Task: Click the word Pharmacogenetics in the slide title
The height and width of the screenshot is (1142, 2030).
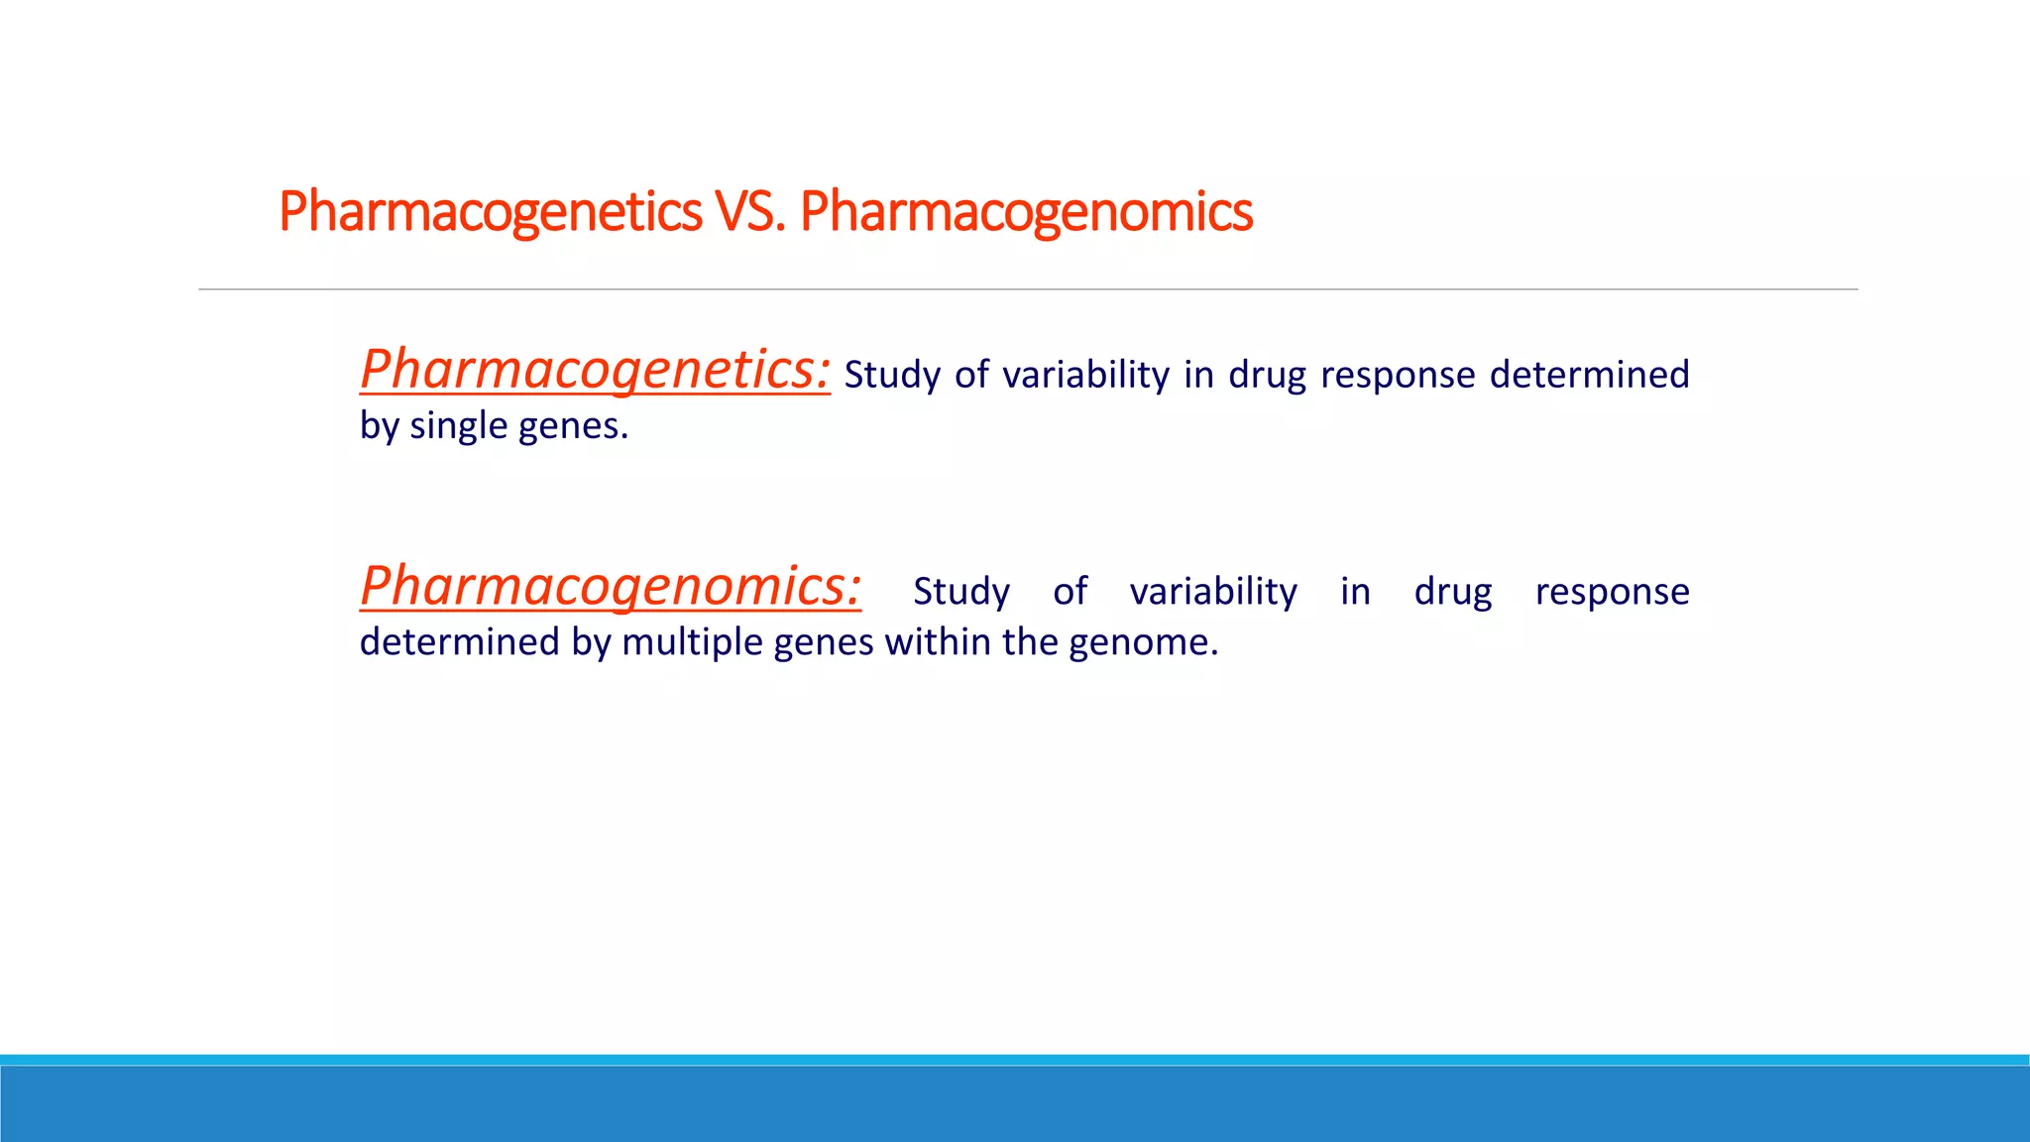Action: (x=490, y=212)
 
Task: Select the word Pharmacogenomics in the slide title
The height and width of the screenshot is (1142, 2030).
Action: (x=1026, y=212)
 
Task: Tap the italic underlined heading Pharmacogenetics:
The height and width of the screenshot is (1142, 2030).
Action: (x=595, y=370)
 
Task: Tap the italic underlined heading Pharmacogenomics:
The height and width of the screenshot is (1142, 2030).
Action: (x=611, y=586)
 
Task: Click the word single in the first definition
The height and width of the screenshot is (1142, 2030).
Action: (x=458, y=426)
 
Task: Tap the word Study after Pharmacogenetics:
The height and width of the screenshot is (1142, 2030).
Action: (x=892, y=375)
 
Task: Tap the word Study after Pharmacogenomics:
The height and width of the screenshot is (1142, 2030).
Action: (x=960, y=592)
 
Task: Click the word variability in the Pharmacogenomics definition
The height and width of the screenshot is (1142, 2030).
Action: (x=1213, y=592)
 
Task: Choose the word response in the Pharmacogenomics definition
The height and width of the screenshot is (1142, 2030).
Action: (x=1612, y=592)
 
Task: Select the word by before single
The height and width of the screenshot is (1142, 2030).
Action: (x=379, y=426)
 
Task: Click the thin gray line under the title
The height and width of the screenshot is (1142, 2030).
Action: (x=1027, y=289)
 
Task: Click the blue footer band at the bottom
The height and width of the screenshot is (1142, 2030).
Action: (x=1015, y=1102)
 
